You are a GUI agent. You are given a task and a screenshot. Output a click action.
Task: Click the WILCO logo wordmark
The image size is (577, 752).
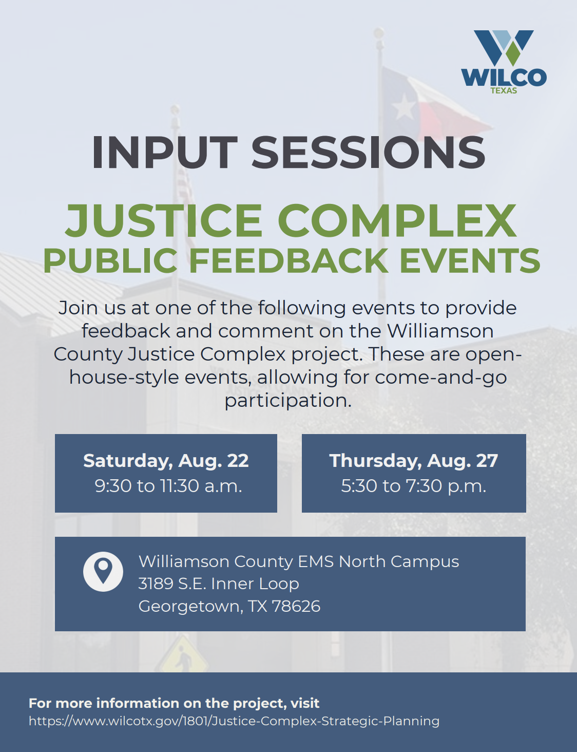coord(504,77)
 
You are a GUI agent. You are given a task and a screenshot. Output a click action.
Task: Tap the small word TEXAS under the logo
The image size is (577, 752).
coord(504,91)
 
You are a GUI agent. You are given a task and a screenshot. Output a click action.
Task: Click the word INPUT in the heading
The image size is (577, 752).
coord(165,153)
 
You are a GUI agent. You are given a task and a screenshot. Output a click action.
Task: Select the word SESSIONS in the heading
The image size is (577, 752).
coord(368,153)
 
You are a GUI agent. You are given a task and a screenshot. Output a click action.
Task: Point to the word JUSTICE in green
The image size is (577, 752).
coord(164,220)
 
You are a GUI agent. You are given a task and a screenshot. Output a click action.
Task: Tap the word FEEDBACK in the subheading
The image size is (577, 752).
coord(288,260)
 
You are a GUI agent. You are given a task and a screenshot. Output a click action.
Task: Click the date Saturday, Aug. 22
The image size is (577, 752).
coord(166,461)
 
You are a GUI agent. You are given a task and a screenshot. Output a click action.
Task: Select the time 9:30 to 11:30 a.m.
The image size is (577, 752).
coord(168,486)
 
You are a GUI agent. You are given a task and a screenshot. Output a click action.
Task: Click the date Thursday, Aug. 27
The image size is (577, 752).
coord(413,461)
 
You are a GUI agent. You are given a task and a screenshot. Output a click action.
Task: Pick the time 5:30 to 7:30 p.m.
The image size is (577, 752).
coord(413,486)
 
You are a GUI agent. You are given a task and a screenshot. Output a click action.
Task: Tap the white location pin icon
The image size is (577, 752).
coord(103,572)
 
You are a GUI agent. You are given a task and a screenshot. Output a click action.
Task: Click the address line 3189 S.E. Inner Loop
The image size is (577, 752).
coord(219,584)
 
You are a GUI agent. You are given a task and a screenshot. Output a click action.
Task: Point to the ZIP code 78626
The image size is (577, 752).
coord(296,606)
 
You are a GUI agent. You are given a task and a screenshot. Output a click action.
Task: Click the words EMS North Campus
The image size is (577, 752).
coord(378,561)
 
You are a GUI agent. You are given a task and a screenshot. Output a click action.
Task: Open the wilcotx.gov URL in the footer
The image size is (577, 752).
coord(234,721)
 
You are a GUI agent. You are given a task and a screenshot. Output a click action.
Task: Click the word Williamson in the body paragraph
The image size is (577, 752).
coord(440,331)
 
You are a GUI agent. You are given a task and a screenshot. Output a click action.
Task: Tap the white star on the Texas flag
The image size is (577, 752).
coord(403,107)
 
